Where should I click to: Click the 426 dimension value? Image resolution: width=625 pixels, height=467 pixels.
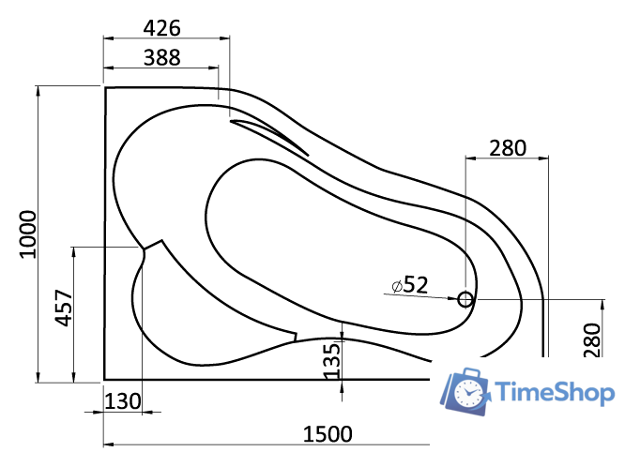161,26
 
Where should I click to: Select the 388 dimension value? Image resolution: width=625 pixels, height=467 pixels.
161,57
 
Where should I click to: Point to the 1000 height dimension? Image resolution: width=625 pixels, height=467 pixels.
26,234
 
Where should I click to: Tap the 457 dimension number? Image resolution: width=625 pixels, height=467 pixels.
63,308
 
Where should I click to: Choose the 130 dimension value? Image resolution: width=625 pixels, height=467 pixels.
122,401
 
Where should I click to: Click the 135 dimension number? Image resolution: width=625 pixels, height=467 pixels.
331,360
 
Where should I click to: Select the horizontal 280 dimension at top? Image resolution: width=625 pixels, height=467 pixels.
507,147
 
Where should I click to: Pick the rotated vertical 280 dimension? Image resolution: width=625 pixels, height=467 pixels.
590,339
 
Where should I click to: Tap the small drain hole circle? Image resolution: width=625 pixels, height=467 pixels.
465,300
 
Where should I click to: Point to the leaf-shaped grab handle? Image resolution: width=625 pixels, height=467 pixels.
270,136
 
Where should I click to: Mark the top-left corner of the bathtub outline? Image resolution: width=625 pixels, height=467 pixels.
104,88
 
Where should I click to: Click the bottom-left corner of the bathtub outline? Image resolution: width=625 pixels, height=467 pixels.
104,382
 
